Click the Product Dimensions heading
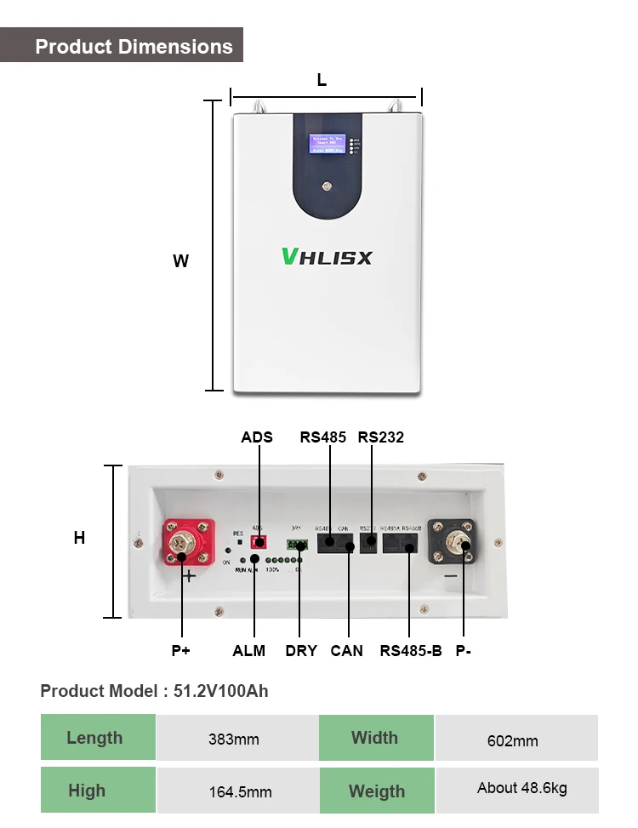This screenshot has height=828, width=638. pyautogui.click(x=134, y=46)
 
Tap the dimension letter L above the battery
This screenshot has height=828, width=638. pyautogui.click(x=322, y=81)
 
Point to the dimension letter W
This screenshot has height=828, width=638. pyautogui.click(x=180, y=261)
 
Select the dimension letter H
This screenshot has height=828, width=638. pyautogui.click(x=79, y=538)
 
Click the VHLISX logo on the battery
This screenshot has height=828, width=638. pyautogui.click(x=327, y=256)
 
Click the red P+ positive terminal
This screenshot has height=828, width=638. pyautogui.click(x=188, y=545)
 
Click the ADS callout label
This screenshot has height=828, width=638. pyautogui.click(x=257, y=437)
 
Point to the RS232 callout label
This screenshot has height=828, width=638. pyautogui.click(x=380, y=437)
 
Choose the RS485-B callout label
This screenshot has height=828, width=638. pyautogui.click(x=411, y=651)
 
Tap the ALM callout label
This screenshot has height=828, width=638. pyautogui.click(x=249, y=651)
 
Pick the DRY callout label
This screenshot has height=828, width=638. pyautogui.click(x=301, y=651)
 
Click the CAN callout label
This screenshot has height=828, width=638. pyautogui.click(x=346, y=651)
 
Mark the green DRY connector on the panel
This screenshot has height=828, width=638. pyautogui.click(x=297, y=545)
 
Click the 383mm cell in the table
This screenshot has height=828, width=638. pyautogui.click(x=234, y=739)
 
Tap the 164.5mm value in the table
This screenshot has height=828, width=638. pyautogui.click(x=241, y=791)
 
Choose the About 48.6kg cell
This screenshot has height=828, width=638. pyautogui.click(x=521, y=788)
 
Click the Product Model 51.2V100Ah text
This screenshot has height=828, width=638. pyautogui.click(x=154, y=691)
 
